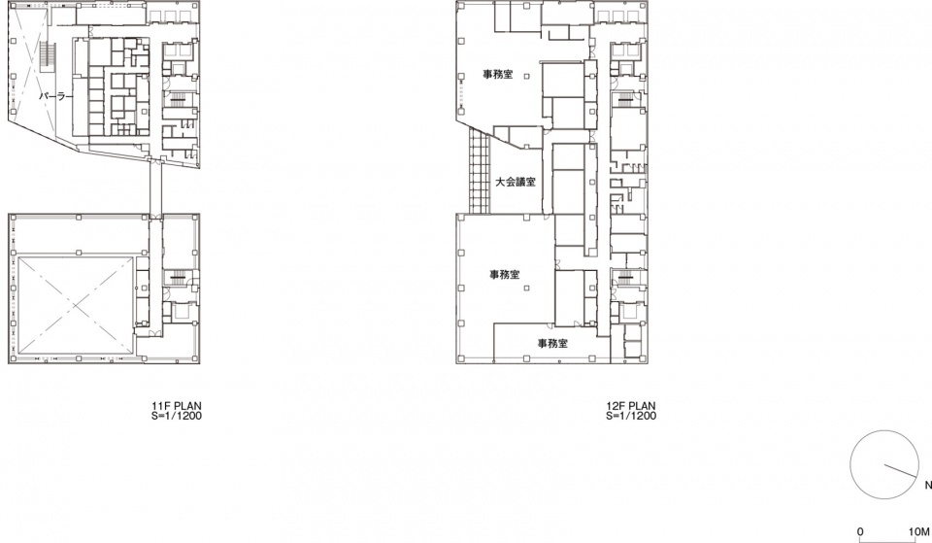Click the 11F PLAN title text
pyautogui.click(x=177, y=406)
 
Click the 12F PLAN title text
pyautogui.click(x=631, y=406)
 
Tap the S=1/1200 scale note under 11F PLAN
pyautogui.click(x=177, y=416)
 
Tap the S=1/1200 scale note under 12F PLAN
pyautogui.click(x=631, y=416)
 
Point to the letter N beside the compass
pyautogui.click(x=928, y=486)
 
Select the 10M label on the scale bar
pyautogui.click(x=919, y=531)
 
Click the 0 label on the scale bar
pyautogui.click(x=861, y=531)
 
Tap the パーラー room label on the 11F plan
pyautogui.click(x=56, y=96)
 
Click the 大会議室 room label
pyautogui.click(x=516, y=183)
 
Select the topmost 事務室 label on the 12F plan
pyautogui.click(x=497, y=75)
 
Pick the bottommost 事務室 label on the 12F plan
pyautogui.click(x=552, y=343)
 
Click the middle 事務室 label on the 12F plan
pyautogui.click(x=505, y=274)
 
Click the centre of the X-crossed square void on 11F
pyautogui.click(x=75, y=304)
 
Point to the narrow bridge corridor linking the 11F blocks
pyautogui.click(x=155, y=187)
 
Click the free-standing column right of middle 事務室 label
pyautogui.click(x=526, y=288)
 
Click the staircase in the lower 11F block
pyautogui.click(x=179, y=277)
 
